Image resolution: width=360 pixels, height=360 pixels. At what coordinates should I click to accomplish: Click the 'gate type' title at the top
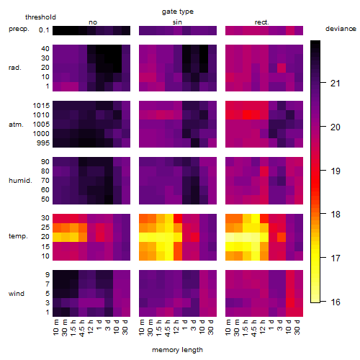coord(178,12)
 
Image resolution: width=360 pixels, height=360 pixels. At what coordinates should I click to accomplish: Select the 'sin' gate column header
coord(177,22)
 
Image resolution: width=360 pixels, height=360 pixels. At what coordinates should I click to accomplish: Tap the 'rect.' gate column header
coord(262,22)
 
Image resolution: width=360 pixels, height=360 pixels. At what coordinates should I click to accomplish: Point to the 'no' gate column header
coord(93,22)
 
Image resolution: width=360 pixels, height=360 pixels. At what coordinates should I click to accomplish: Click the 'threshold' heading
coord(40,17)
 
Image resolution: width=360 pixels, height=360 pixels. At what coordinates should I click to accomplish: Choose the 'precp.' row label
coord(19,29)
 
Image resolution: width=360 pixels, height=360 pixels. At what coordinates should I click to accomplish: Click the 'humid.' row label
coord(20,181)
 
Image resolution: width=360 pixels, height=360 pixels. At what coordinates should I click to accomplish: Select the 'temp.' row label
coord(18,236)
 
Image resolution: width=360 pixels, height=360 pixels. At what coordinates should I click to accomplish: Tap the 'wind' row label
coord(17,294)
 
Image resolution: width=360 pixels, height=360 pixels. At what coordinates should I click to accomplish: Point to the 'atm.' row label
coord(16,125)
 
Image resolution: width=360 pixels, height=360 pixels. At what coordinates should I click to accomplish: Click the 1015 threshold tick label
coord(41,106)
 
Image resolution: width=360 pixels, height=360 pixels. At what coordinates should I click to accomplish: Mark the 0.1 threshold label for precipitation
coord(44,30)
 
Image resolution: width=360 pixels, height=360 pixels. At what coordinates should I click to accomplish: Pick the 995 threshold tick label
coord(43,143)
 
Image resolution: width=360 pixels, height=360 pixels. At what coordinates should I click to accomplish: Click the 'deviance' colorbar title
coord(341,29)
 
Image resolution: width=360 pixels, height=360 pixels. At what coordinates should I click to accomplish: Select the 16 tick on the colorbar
coord(336,302)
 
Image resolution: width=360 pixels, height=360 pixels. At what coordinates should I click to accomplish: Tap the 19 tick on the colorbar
coord(336,171)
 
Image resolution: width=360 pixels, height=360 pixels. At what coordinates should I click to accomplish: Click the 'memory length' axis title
coord(177,350)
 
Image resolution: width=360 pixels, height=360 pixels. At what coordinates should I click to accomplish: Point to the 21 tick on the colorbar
coord(336,84)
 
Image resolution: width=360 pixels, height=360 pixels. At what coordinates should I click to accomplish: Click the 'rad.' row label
coord(15,68)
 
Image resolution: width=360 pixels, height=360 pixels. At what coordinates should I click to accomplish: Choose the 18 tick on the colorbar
coord(336,214)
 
